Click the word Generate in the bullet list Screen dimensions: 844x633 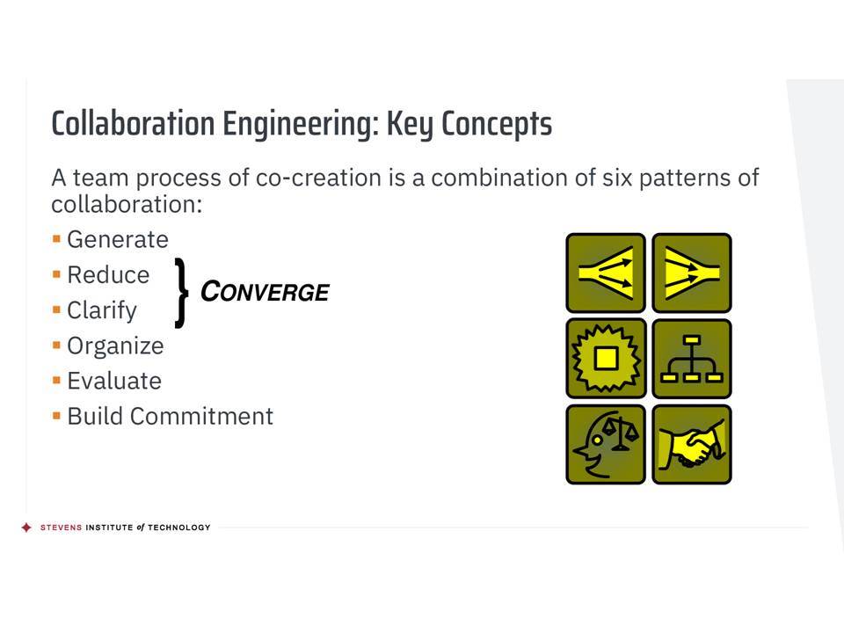click(117, 239)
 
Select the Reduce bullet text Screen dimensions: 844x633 click(108, 275)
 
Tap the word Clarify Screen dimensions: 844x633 click(102, 311)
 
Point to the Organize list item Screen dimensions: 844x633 click(115, 346)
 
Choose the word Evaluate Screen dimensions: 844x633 click(114, 381)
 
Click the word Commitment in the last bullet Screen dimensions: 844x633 click(201, 417)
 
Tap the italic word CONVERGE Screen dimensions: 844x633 click(265, 292)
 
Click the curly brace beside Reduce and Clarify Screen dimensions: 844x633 click(181, 293)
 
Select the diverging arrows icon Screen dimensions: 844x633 click(606, 273)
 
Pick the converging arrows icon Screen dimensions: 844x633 click(692, 273)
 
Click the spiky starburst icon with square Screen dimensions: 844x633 click(606, 359)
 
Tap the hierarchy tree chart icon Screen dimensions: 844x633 click(692, 359)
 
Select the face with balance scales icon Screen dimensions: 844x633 click(606, 445)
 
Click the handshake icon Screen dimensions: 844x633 click(692, 445)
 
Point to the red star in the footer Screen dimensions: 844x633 click(26, 527)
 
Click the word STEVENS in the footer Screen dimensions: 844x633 click(61, 527)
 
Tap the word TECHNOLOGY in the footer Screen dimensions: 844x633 click(178, 527)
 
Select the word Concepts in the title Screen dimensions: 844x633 click(496, 124)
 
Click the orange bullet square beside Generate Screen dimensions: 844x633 click(56, 239)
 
